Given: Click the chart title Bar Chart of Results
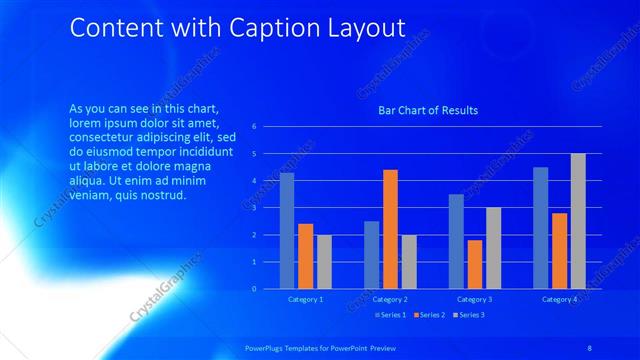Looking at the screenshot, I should click(427, 110).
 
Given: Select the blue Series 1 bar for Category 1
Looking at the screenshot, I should click(287, 231).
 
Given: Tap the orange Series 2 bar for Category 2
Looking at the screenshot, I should click(390, 229).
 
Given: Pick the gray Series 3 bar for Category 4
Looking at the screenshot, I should click(578, 221).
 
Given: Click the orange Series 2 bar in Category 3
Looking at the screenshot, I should click(475, 264).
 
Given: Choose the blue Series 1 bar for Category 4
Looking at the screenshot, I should click(541, 228).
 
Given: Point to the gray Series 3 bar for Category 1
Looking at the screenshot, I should click(324, 262).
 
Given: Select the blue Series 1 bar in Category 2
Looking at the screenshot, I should click(371, 255).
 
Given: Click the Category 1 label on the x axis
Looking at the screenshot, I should click(306, 299).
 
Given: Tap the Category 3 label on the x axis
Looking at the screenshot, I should click(475, 299).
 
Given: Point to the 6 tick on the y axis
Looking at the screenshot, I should click(255, 127).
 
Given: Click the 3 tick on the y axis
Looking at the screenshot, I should click(255, 208).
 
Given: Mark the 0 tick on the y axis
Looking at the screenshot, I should click(255, 289).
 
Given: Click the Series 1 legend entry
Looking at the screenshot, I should click(391, 315).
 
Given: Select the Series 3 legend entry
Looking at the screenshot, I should click(469, 315).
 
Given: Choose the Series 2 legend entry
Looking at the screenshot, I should click(430, 315).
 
